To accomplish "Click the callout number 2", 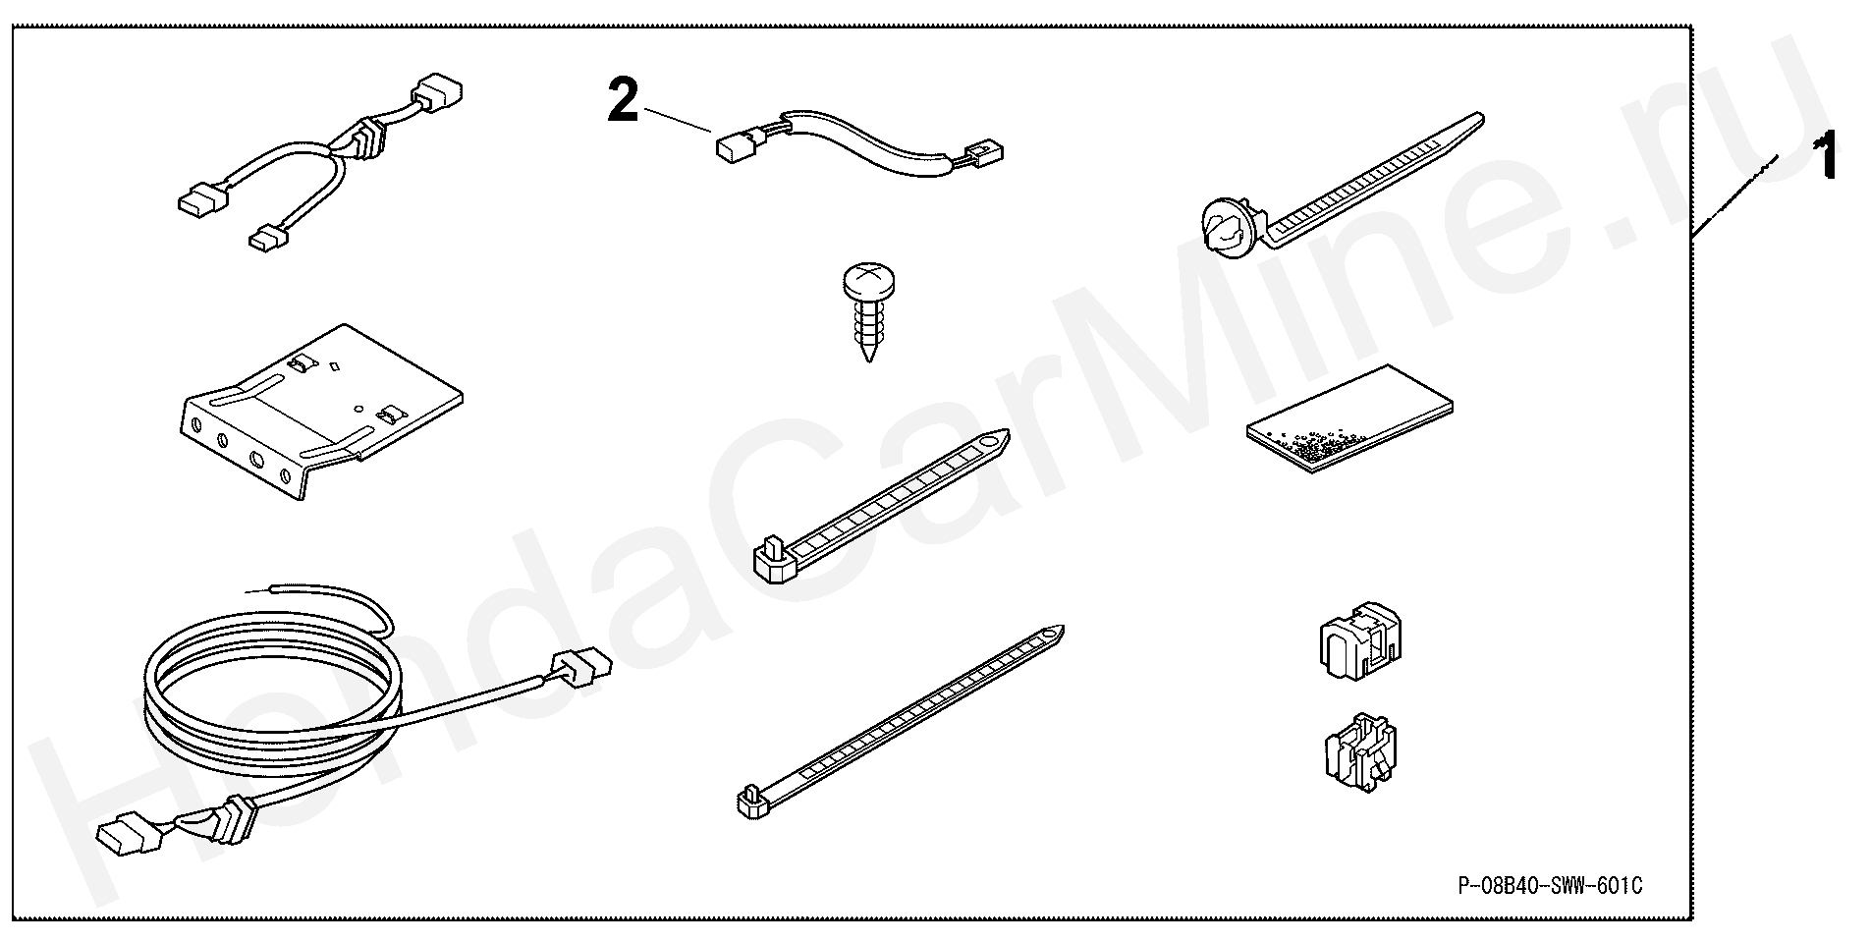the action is [624, 102].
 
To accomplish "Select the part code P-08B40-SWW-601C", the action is [1549, 887].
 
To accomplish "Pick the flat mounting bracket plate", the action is [324, 413].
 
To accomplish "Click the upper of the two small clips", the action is [1359, 643].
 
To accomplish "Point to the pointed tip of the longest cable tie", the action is [1062, 630].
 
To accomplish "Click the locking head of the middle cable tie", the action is [773, 555].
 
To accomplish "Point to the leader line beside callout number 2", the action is [677, 119].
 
